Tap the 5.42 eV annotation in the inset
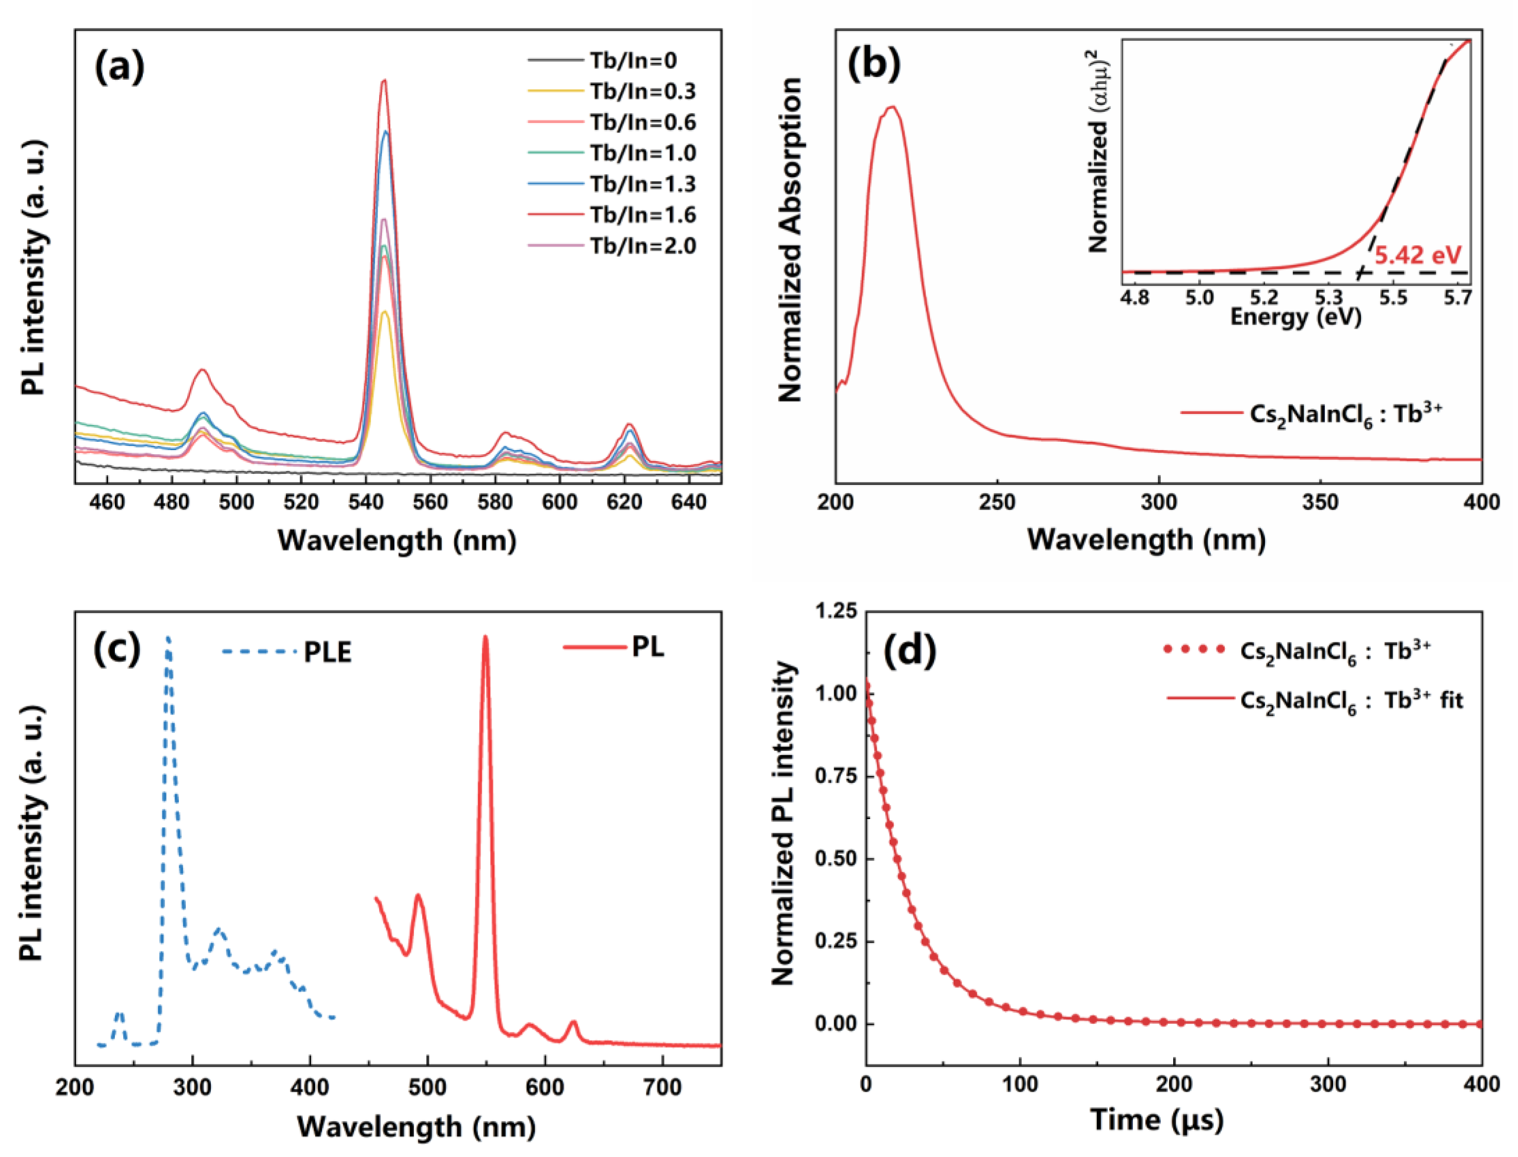[1417, 255]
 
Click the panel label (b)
[873, 65]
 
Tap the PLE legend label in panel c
[328, 652]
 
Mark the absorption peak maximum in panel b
[892, 107]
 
